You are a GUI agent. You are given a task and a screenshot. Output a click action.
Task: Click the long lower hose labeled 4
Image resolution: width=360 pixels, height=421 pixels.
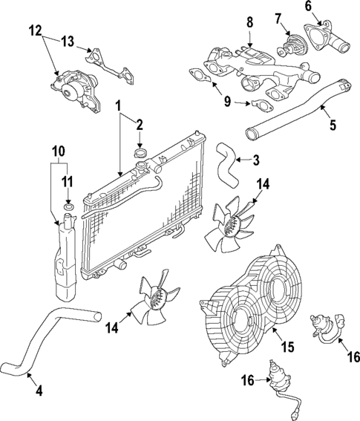(x=56, y=338)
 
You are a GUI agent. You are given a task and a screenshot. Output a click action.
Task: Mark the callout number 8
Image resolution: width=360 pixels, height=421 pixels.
(x=249, y=22)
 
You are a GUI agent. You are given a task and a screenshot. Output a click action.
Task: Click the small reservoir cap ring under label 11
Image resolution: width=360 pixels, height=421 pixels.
(x=68, y=205)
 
